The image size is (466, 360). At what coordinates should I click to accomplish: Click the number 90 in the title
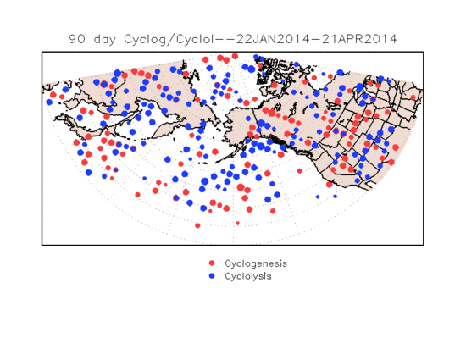76,39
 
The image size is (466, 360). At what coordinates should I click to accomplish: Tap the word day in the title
104,40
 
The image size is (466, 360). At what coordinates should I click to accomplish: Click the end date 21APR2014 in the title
359,39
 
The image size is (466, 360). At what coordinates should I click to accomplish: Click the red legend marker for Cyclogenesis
212,263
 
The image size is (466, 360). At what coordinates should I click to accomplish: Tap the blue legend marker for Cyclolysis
212,276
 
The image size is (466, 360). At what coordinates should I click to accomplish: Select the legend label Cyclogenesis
256,263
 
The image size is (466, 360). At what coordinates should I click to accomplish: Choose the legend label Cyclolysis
248,276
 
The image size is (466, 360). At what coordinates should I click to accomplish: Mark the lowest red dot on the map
197,226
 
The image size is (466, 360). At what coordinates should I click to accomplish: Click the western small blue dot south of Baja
318,197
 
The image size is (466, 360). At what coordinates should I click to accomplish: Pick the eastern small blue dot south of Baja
335,197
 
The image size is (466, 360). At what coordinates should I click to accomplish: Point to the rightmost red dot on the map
413,97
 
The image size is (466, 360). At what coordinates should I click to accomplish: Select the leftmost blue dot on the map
49,102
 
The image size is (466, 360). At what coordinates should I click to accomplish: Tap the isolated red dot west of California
300,171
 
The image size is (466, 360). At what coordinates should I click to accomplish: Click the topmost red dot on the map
235,56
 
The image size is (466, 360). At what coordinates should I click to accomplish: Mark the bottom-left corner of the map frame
42,245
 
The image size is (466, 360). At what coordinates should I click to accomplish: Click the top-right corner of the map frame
424,52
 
